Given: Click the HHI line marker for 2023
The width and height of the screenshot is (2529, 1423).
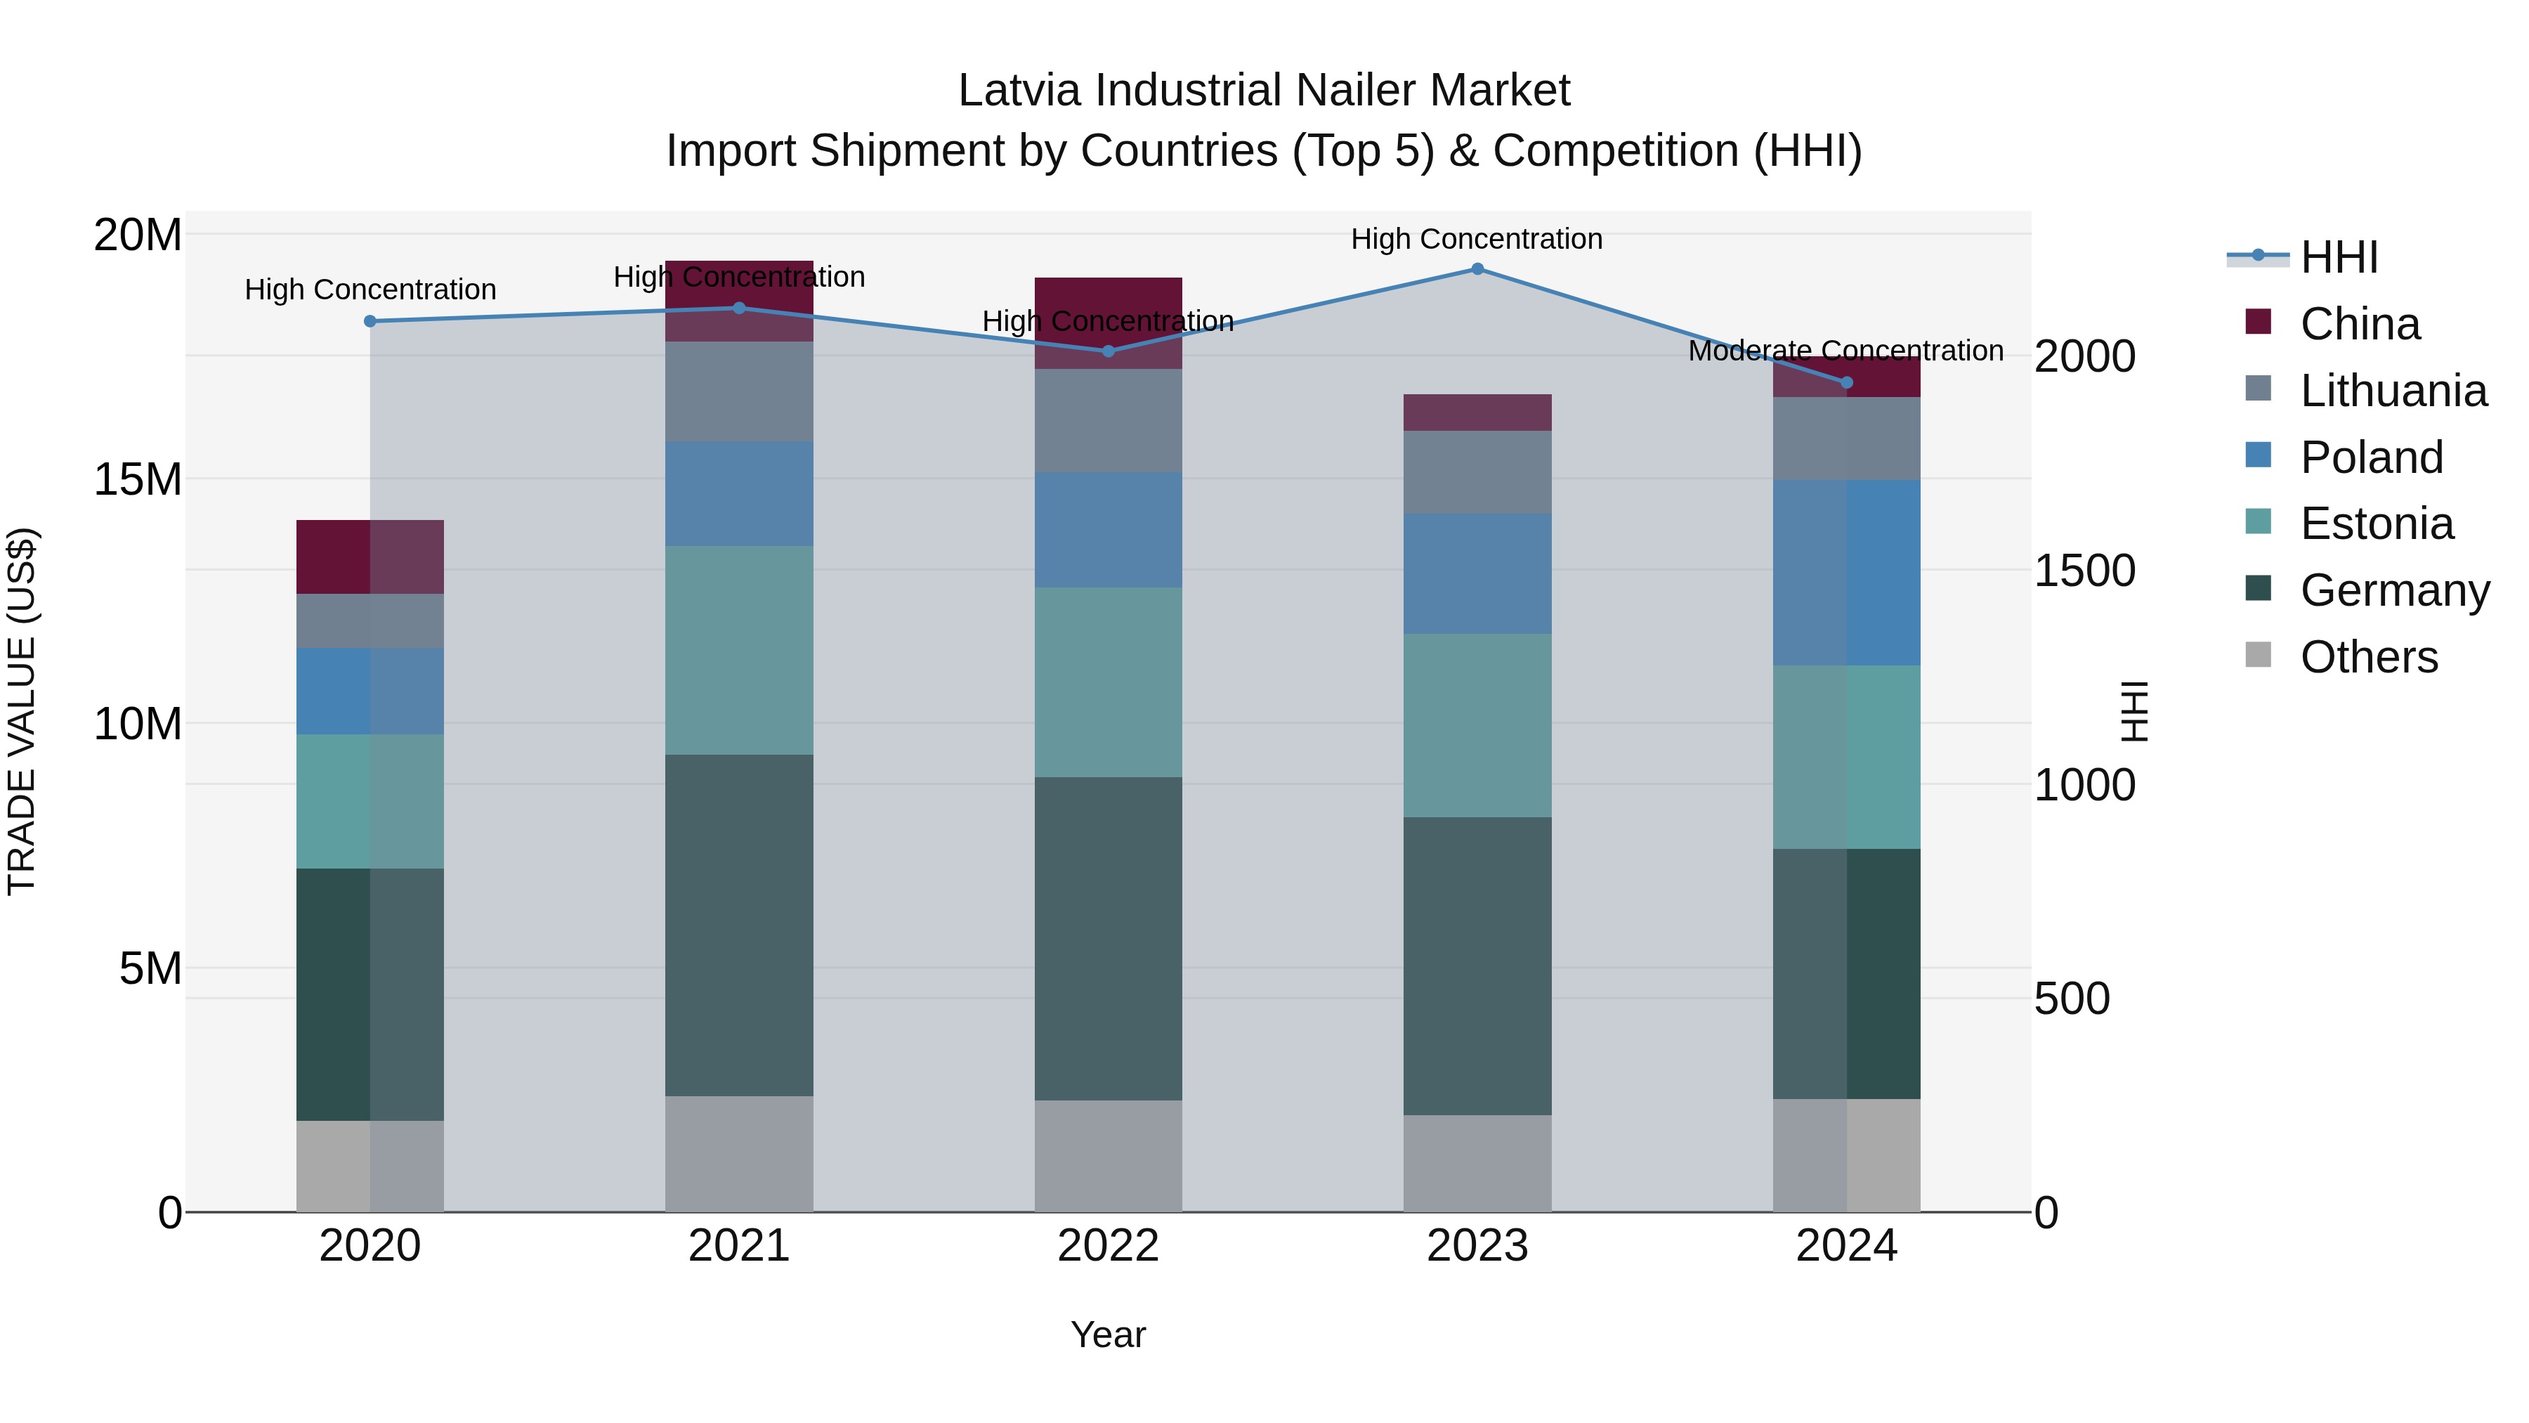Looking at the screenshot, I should [x=1477, y=269].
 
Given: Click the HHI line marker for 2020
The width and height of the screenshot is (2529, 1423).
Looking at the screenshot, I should [x=370, y=321].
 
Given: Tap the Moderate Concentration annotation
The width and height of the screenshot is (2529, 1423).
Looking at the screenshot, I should [x=1845, y=351].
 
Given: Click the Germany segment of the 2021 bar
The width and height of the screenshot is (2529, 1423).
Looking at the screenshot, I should [x=739, y=925].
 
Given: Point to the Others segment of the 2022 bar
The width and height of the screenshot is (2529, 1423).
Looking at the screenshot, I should [x=1109, y=1156].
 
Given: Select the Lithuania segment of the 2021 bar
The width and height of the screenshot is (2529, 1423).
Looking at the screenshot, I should [x=739, y=392].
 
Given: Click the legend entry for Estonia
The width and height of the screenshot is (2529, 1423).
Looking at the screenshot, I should [x=2376, y=524].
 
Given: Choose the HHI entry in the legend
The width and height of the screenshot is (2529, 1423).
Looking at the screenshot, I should [x=2337, y=257].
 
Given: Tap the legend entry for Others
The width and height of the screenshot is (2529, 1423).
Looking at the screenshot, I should [x=2368, y=657].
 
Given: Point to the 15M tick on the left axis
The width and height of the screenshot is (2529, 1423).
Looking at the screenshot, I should [x=138, y=479].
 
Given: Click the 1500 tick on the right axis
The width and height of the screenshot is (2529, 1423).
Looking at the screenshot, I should [x=2084, y=571].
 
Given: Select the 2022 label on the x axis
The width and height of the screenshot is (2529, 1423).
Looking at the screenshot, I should [x=1109, y=1246].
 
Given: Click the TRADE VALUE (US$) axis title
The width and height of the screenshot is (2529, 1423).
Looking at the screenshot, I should [x=22, y=711].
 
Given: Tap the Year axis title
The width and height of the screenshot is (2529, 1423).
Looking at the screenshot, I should [x=1109, y=1334].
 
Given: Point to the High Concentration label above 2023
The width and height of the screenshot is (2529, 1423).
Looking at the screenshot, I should [x=1477, y=239].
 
